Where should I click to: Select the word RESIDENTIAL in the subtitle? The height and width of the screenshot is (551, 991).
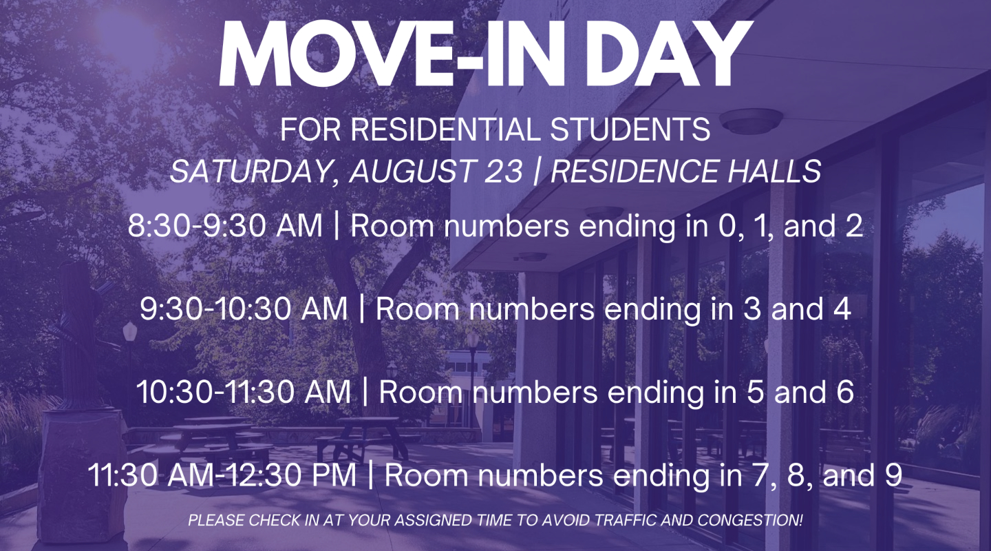(x=445, y=129)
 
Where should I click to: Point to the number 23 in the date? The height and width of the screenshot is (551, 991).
(x=504, y=171)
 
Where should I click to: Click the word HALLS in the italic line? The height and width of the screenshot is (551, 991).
(x=774, y=171)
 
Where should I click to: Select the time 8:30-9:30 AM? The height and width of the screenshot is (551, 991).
(x=225, y=226)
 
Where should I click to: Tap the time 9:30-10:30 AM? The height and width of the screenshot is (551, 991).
(x=244, y=309)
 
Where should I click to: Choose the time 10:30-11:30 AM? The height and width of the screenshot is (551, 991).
(x=244, y=392)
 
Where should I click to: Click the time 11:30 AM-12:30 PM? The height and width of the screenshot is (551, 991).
(x=222, y=475)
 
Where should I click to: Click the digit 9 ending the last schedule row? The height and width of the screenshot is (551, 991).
(x=893, y=475)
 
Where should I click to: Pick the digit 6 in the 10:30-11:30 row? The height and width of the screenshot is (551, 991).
(x=845, y=392)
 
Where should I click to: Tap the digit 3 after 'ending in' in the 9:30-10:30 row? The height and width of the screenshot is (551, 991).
(x=752, y=309)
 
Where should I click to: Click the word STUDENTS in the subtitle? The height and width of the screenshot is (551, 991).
(x=630, y=129)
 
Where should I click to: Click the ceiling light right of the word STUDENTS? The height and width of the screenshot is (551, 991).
(x=751, y=121)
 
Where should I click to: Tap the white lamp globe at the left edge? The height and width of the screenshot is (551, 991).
(x=129, y=332)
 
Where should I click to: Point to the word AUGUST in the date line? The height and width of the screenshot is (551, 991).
(x=412, y=171)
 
